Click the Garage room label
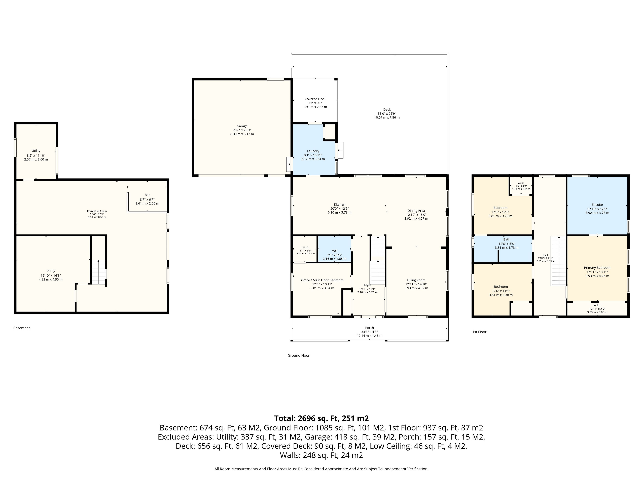(242, 126)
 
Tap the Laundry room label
(313, 151)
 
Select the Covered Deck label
(315, 99)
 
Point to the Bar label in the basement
(147, 195)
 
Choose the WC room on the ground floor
(335, 251)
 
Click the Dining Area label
(416, 211)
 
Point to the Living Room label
(416, 280)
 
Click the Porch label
(369, 328)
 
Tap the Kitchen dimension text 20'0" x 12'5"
(340, 209)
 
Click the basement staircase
(98, 272)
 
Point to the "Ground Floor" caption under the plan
(299, 355)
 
